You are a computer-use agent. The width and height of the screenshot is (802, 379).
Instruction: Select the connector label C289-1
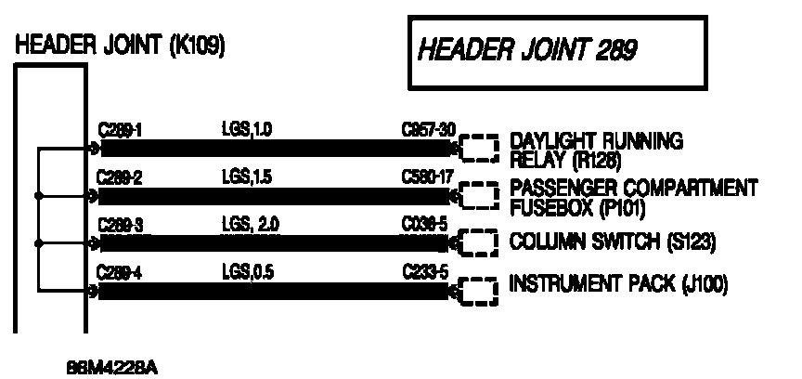coord(117,131)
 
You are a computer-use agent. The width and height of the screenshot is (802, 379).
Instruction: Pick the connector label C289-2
coord(117,177)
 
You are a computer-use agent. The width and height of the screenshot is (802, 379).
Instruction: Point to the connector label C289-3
coord(117,225)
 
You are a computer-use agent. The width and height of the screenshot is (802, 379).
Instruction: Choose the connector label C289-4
coord(117,272)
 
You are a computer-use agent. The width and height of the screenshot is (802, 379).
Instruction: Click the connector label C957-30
coord(428,131)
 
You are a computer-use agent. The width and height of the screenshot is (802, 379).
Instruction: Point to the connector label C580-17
coord(428,177)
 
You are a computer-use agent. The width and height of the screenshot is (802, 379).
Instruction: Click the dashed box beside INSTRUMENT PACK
coord(479,290)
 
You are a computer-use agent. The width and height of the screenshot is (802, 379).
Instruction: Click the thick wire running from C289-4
coord(278,291)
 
